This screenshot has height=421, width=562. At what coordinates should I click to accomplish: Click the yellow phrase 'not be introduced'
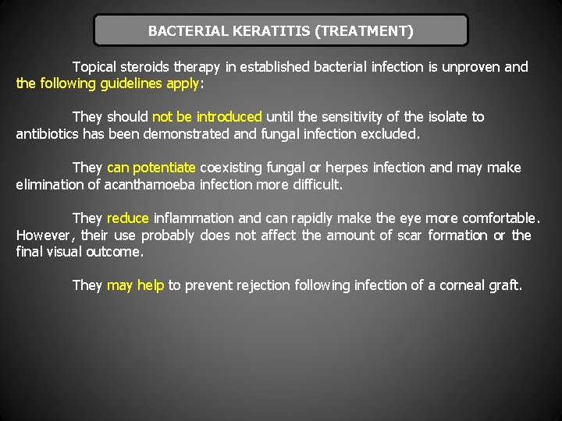pyautogui.click(x=207, y=117)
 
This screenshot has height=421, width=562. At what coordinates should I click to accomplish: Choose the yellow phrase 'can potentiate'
pyautogui.click(x=151, y=168)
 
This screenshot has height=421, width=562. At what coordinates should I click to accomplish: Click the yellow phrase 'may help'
pyautogui.click(x=135, y=285)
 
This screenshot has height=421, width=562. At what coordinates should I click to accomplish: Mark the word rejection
pyautogui.click(x=266, y=285)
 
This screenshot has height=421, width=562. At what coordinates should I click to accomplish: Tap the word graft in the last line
pyautogui.click(x=503, y=285)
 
